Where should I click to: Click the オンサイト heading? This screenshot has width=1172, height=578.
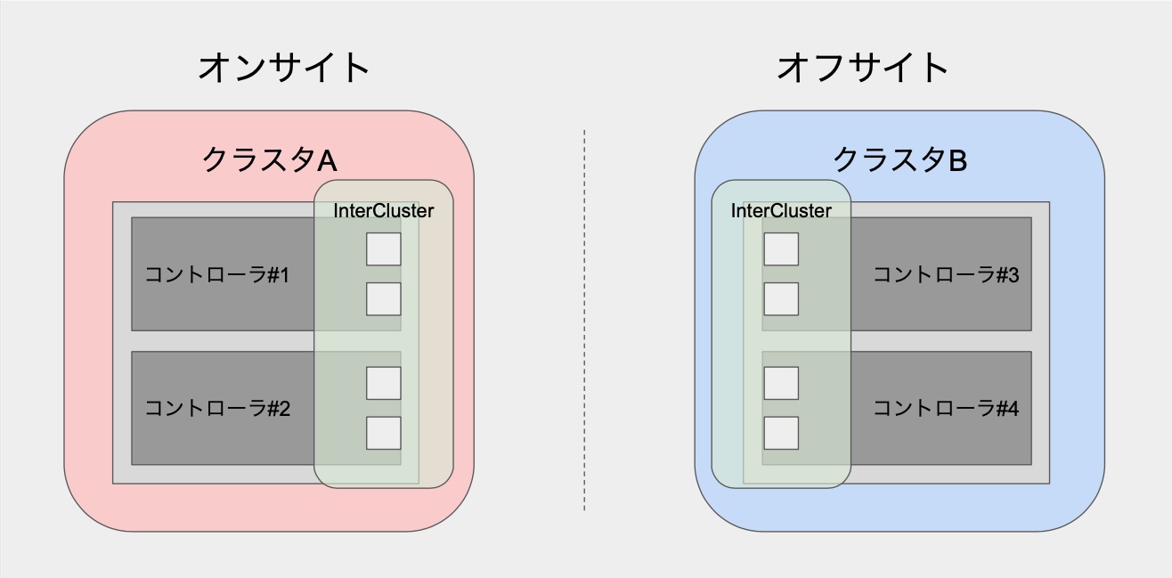[x=283, y=68]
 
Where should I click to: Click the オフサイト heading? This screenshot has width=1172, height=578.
[x=863, y=68]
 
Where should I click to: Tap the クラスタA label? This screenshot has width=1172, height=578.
[x=269, y=160]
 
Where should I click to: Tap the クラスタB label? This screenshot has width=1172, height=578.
[x=899, y=160]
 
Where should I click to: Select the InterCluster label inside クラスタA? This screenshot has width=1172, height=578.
[x=384, y=211]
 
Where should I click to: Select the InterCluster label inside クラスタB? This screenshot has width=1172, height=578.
[x=781, y=211]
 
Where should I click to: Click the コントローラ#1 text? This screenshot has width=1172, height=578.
[x=217, y=274]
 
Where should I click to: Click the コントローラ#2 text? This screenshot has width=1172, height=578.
[x=217, y=409]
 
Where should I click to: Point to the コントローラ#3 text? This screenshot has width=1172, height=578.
[x=945, y=274]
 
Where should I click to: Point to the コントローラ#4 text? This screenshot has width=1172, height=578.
[x=945, y=409]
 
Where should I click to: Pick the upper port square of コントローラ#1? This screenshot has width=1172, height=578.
[x=384, y=249]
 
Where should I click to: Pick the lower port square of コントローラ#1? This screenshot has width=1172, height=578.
[x=384, y=299]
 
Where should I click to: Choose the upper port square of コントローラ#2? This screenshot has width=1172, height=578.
[x=384, y=383]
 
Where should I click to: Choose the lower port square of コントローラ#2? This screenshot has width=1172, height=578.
[x=384, y=433]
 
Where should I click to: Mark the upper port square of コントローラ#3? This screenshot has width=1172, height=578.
[x=781, y=249]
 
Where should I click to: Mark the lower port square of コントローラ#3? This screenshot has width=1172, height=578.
[x=781, y=299]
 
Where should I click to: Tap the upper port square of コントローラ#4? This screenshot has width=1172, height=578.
[x=781, y=383]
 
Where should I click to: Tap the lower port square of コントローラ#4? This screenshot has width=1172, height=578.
[x=781, y=433]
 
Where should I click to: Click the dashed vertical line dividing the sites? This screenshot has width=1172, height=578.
[x=584, y=321]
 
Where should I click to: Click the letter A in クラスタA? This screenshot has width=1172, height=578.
[x=327, y=161]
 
